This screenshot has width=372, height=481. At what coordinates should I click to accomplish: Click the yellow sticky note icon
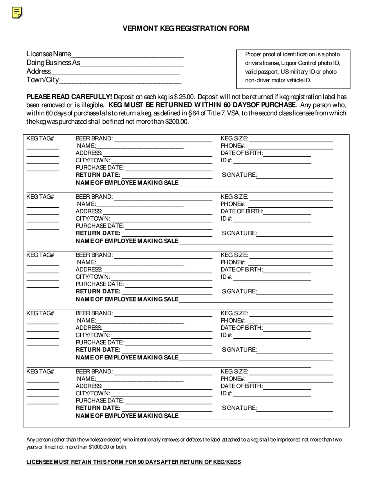pos(16,13)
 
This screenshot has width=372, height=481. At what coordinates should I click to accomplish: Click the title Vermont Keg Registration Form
pos(186,28)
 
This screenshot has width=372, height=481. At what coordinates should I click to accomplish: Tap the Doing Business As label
pos(53,63)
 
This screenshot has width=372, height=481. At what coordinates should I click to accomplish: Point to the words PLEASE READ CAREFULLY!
pos(69,97)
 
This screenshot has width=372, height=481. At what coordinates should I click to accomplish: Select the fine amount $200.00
pos(177,122)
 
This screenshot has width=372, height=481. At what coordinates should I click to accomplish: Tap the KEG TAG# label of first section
pos(40,138)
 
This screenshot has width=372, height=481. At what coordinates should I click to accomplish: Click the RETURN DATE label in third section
pos(98,291)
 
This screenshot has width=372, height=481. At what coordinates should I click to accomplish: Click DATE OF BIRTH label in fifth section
pos(242,386)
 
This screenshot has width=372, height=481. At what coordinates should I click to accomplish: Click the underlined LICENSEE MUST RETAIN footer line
pos(134,462)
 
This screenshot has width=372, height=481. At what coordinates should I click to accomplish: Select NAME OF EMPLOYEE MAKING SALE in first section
pos(127,183)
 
